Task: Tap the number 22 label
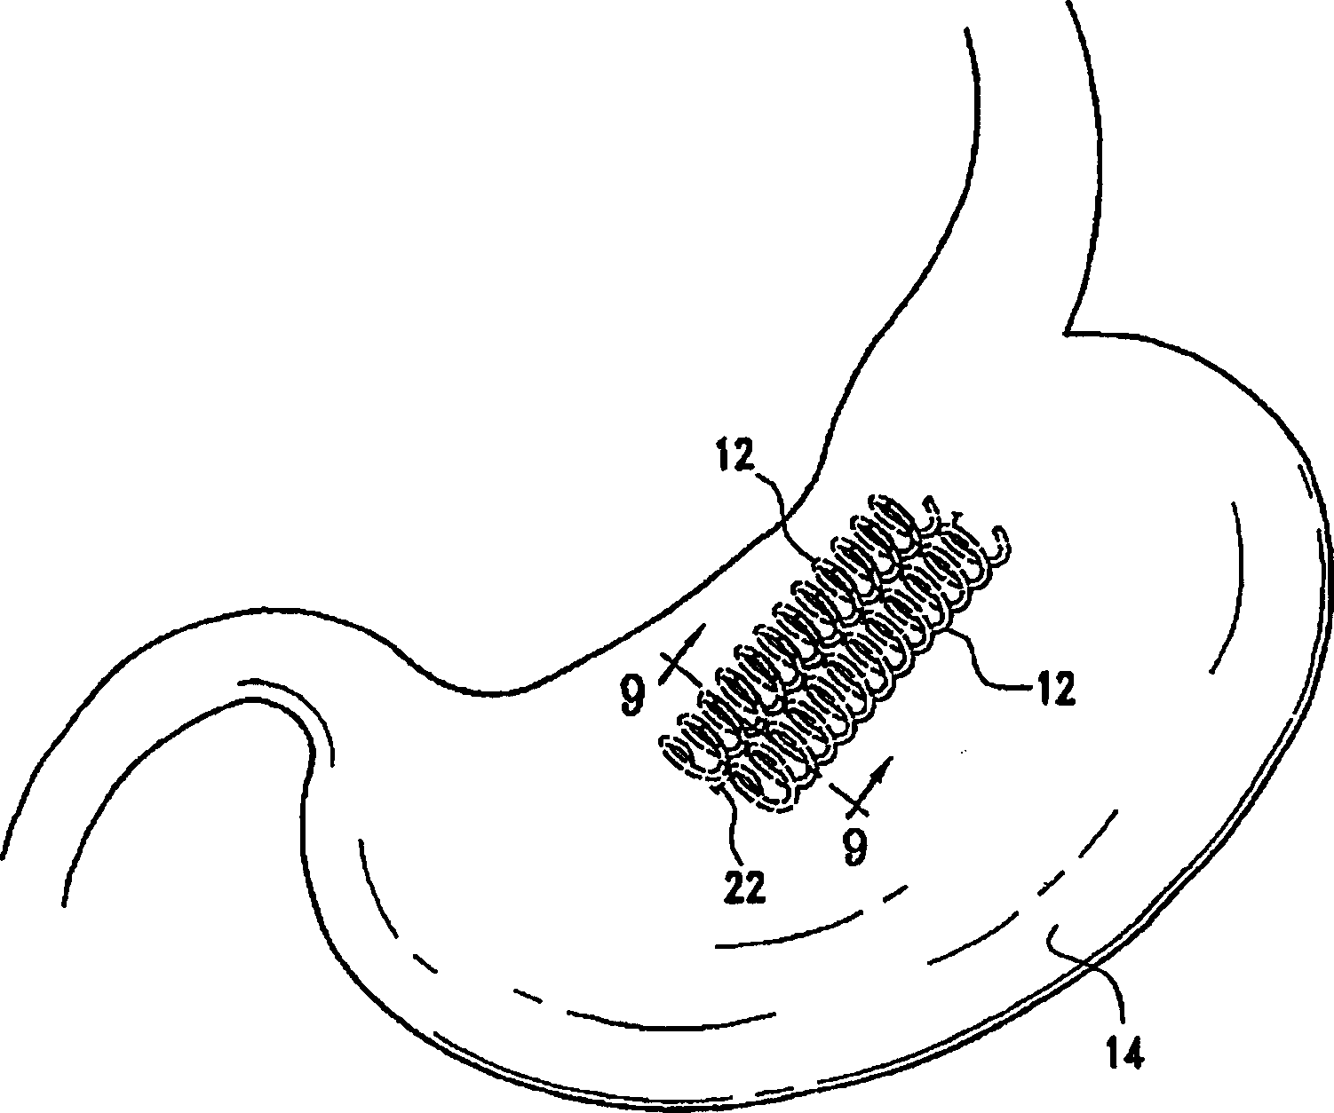[x=744, y=888]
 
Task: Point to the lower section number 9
[x=854, y=846]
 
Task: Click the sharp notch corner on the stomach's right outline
[x=1066, y=334]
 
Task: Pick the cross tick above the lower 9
[x=851, y=799]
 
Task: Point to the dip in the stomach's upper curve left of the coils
[x=480, y=688]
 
